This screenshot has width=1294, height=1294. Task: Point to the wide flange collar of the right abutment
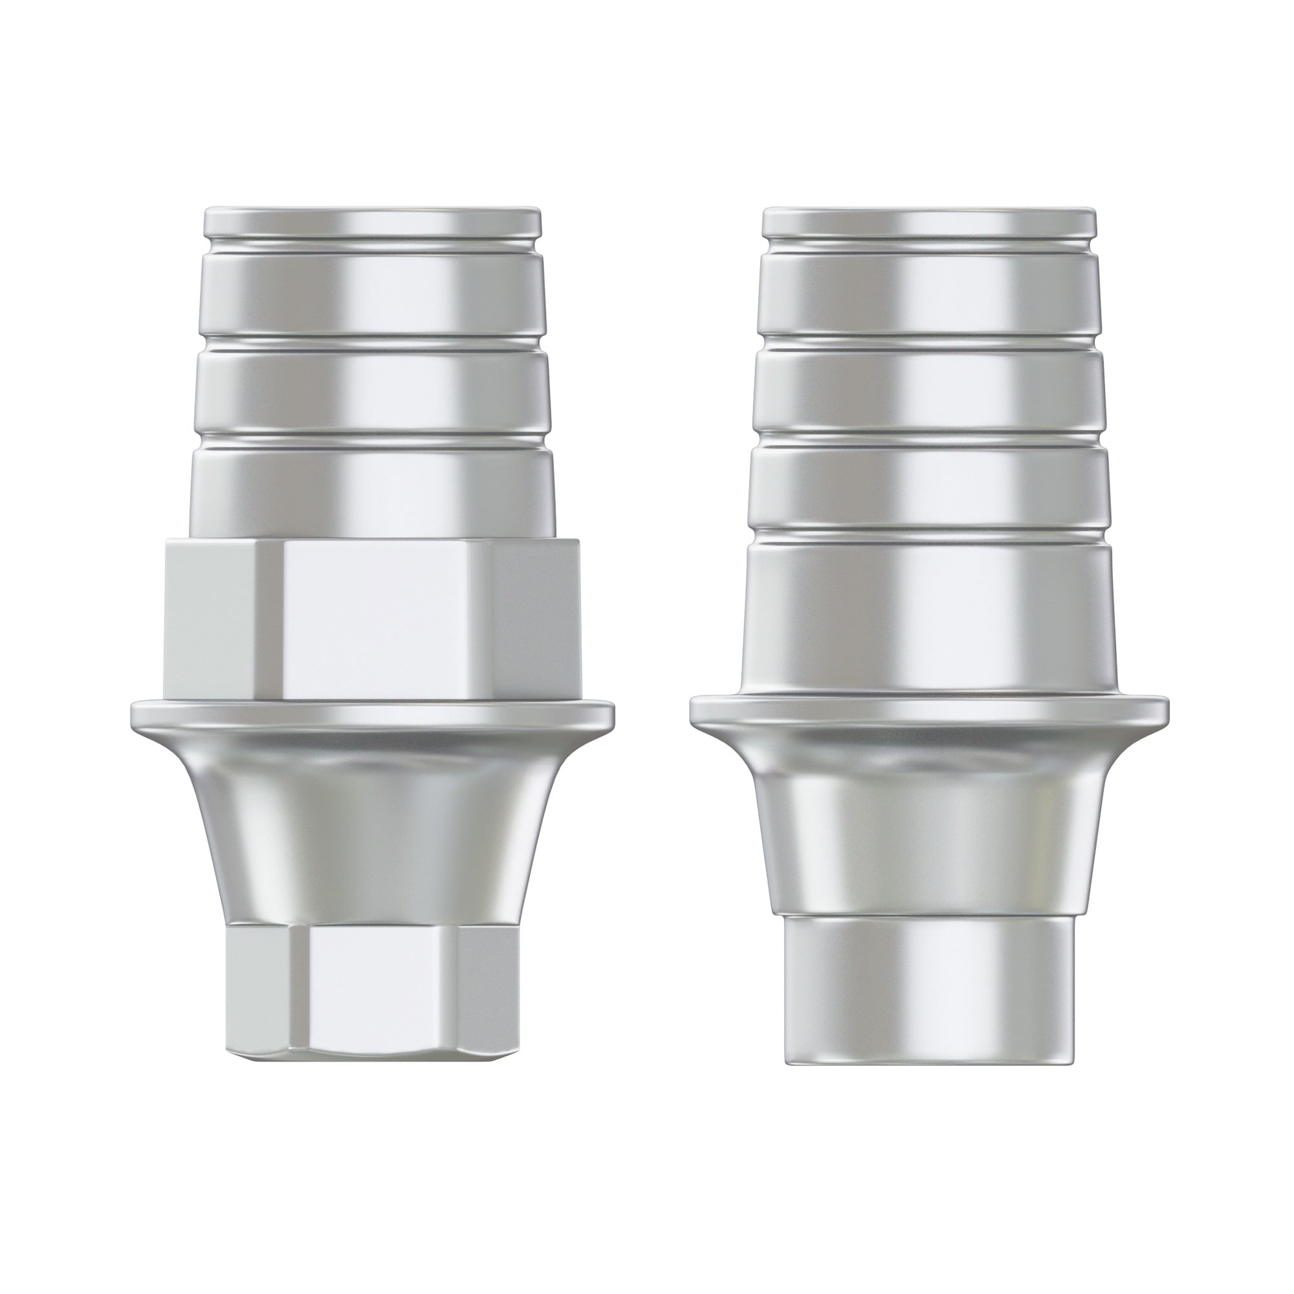[929, 710]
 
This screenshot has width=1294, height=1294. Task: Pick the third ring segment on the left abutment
[373, 391]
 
